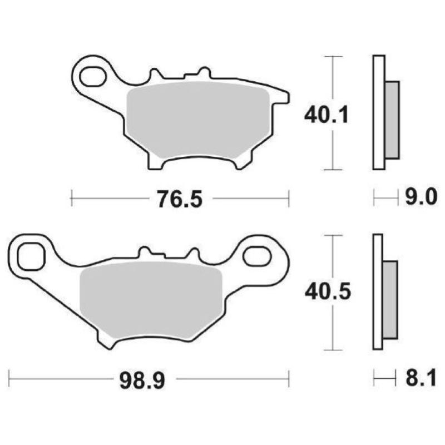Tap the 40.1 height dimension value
tap(326, 115)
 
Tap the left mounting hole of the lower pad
tap(31, 256)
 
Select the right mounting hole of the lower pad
tap(258, 256)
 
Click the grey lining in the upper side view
tap(392, 120)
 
